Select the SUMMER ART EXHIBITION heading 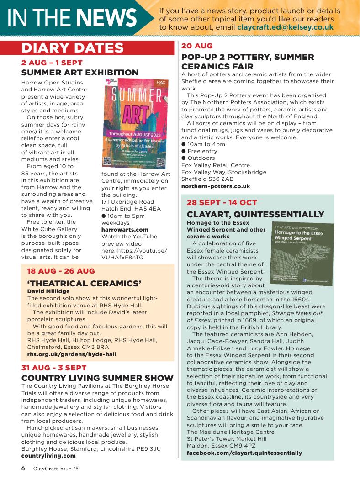80,73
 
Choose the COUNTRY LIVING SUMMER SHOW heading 97,378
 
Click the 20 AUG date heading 197,46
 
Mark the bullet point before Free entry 184,151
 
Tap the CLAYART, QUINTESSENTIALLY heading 255,214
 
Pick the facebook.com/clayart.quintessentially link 244,453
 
